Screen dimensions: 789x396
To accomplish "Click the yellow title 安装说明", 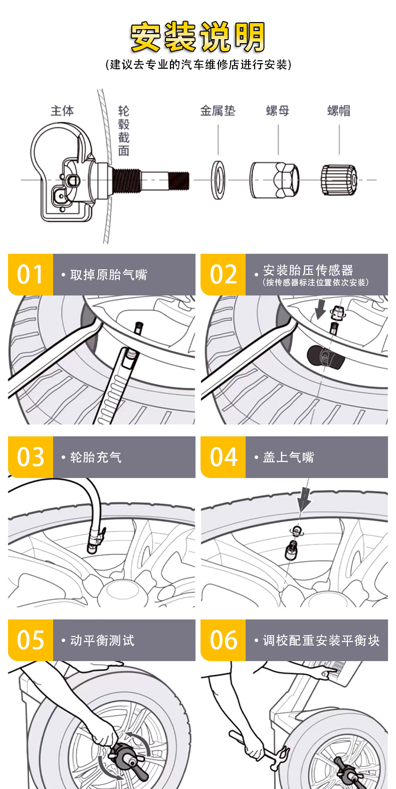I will pos(197,37).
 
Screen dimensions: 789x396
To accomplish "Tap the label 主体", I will pos(62,111).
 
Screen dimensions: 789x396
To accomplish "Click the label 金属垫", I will pos(218,111).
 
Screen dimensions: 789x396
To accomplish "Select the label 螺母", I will pos(278,111).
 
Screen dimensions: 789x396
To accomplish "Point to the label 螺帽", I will pos(339,111).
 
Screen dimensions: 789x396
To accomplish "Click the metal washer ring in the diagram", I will pos(219,180).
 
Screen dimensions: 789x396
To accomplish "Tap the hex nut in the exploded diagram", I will pos(275,180).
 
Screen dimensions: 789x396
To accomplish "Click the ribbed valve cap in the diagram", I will pos(339,180).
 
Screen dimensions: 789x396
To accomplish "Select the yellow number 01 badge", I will pos(31,274).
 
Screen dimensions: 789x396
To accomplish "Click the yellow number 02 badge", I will pos(223,274).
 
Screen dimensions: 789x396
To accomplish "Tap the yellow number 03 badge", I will pos(31,457).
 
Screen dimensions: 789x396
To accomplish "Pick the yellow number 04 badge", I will pos(223,457).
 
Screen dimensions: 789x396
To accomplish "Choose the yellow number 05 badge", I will pos(31,640).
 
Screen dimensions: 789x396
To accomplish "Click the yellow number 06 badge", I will pos(223,640).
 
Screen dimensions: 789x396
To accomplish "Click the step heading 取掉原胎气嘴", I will pos(108,275).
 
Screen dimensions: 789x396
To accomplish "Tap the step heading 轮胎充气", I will pos(96,457).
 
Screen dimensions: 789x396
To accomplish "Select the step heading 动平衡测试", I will pos(102,641).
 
